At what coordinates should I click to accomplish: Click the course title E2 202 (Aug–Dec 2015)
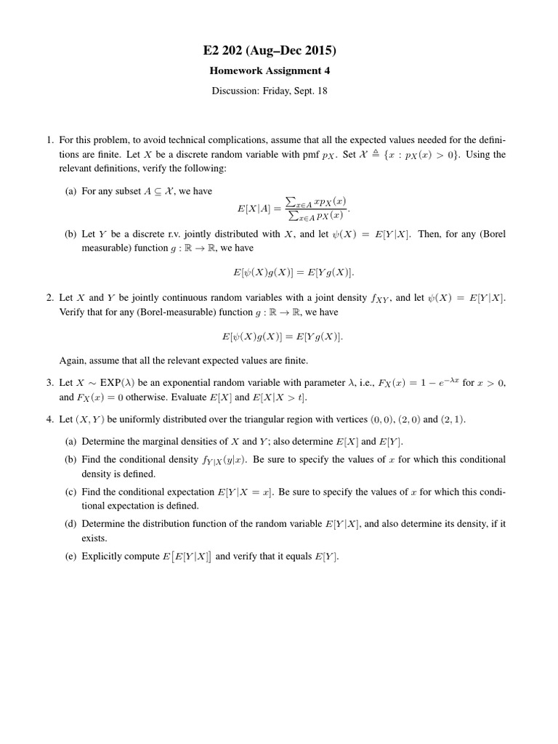coord(279,51)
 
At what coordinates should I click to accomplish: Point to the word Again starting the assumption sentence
coord(71,360)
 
